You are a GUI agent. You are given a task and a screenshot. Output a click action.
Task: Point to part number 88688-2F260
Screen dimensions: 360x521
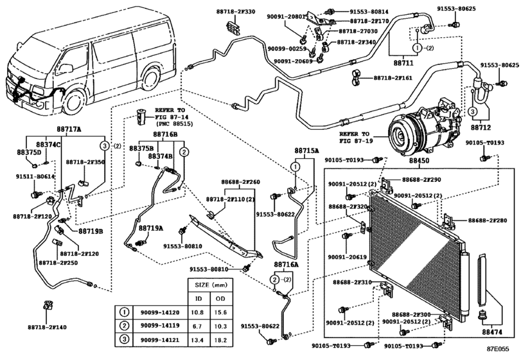(241, 182)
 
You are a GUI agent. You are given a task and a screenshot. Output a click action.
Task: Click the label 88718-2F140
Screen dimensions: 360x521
(47, 327)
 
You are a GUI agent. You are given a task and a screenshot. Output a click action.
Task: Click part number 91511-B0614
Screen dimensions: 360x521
(36, 175)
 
